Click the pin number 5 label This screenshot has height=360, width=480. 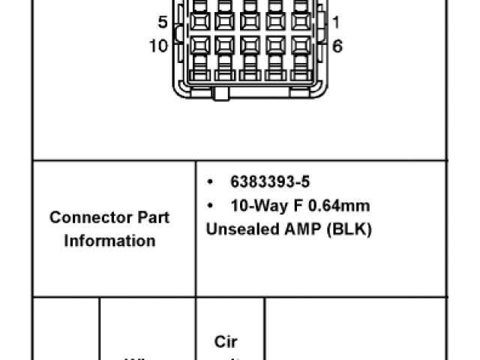tap(163, 22)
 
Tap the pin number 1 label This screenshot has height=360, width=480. tap(335, 22)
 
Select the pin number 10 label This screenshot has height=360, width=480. tap(158, 46)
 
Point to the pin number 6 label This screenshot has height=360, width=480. tap(337, 46)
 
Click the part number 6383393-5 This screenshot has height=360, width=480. tap(270, 182)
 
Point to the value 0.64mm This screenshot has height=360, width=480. tap(335, 205)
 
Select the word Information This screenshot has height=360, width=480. tap(109, 241)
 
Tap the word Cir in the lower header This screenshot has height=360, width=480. tap(226, 342)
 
